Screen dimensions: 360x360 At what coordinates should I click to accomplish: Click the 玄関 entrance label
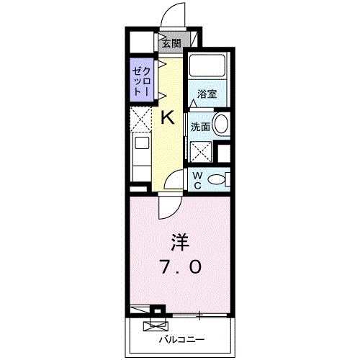[171, 42]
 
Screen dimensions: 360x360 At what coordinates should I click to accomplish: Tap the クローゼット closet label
[141, 81]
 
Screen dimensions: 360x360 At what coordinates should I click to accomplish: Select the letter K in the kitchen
[167, 117]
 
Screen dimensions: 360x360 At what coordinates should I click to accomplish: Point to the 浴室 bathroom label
[207, 94]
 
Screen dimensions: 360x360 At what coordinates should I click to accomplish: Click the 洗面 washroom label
[199, 127]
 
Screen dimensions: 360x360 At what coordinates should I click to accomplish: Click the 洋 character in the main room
[180, 240]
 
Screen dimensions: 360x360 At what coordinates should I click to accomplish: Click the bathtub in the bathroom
[207, 70]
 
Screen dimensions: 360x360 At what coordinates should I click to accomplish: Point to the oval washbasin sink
[222, 125]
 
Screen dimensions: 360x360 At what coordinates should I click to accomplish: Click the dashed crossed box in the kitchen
[140, 119]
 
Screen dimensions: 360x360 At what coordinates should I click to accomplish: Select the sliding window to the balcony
[198, 315]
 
